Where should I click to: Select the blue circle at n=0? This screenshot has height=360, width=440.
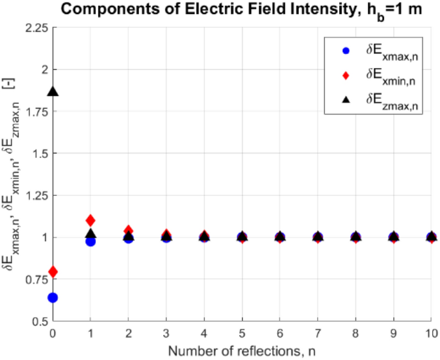pyautogui.click(x=53, y=297)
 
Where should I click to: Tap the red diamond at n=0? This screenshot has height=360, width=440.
pyautogui.click(x=53, y=272)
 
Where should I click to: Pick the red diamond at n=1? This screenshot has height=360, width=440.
pyautogui.click(x=91, y=221)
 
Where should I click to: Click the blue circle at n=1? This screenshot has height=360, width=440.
pyautogui.click(x=91, y=241)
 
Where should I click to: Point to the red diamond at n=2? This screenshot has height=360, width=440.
pyautogui.click(x=128, y=230)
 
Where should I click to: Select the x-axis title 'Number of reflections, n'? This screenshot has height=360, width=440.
pyautogui.click(x=242, y=351)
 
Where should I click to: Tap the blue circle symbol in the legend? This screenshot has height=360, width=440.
pyautogui.click(x=346, y=50)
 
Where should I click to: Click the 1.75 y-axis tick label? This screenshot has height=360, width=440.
pyautogui.click(x=37, y=112)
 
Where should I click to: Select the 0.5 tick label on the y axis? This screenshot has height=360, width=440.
pyautogui.click(x=39, y=321)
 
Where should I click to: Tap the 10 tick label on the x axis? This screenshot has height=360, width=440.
pyautogui.click(x=432, y=333)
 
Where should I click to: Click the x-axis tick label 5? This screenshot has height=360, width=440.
pyautogui.click(x=242, y=333)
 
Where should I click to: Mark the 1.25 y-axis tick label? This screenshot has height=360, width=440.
pyautogui.click(x=37, y=196)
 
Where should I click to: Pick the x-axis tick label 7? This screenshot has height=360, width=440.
pyautogui.click(x=318, y=333)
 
